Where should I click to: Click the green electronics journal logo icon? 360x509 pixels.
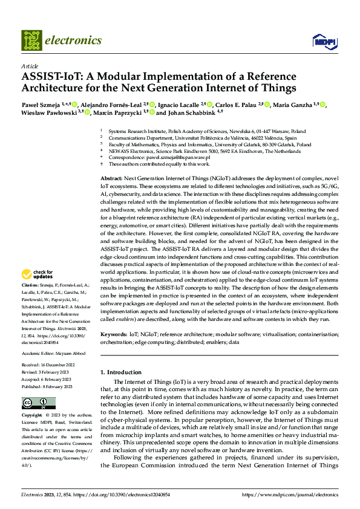pyautogui.click(x=32, y=41)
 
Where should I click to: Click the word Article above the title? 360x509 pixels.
pyautogui.click(x=30, y=66)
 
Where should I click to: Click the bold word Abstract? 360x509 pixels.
pyautogui.click(x=111, y=180)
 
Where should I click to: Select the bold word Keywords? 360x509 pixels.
pyautogui.click(x=113, y=334)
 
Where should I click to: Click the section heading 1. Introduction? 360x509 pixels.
pyautogui.click(x=125, y=372)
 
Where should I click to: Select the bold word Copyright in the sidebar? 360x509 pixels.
pyautogui.click(x=32, y=416)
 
